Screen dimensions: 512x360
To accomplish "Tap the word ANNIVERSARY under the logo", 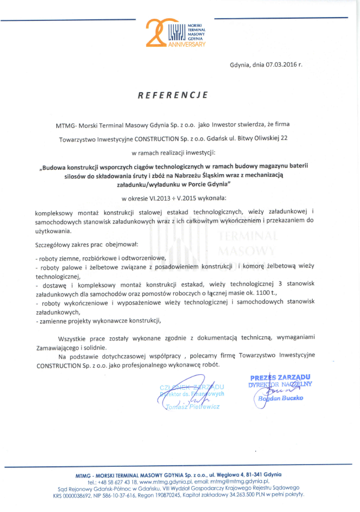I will point(187,44).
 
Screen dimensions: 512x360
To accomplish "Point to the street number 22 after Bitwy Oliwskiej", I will point(284,138).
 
